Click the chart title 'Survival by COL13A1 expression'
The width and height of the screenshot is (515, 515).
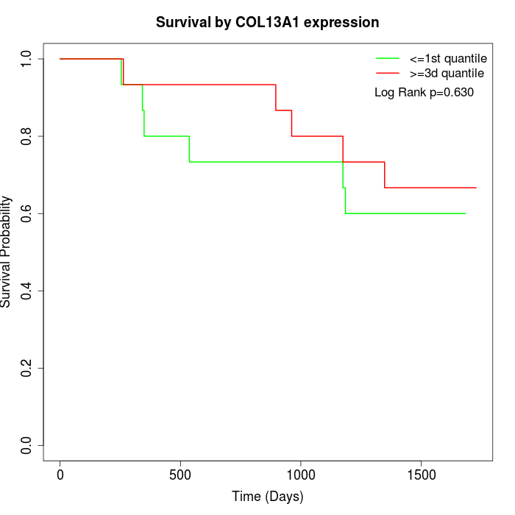[267, 23]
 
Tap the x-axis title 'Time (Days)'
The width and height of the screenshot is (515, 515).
[267, 497]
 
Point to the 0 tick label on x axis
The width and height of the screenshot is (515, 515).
[60, 475]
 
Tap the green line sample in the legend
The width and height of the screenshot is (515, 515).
[388, 58]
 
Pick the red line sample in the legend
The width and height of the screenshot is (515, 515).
[388, 73]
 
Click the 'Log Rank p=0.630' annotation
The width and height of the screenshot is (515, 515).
[424, 93]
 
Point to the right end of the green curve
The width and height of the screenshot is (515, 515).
[466, 213]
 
